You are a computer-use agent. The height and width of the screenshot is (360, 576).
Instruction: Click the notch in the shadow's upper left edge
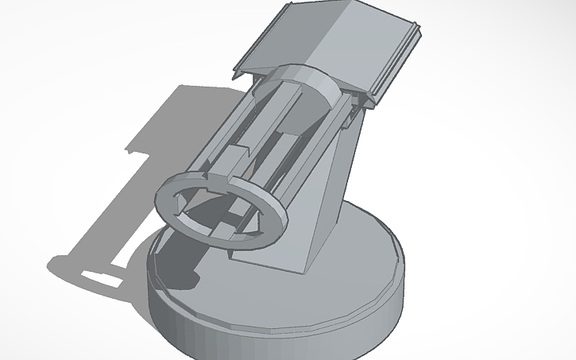click(132, 149)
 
